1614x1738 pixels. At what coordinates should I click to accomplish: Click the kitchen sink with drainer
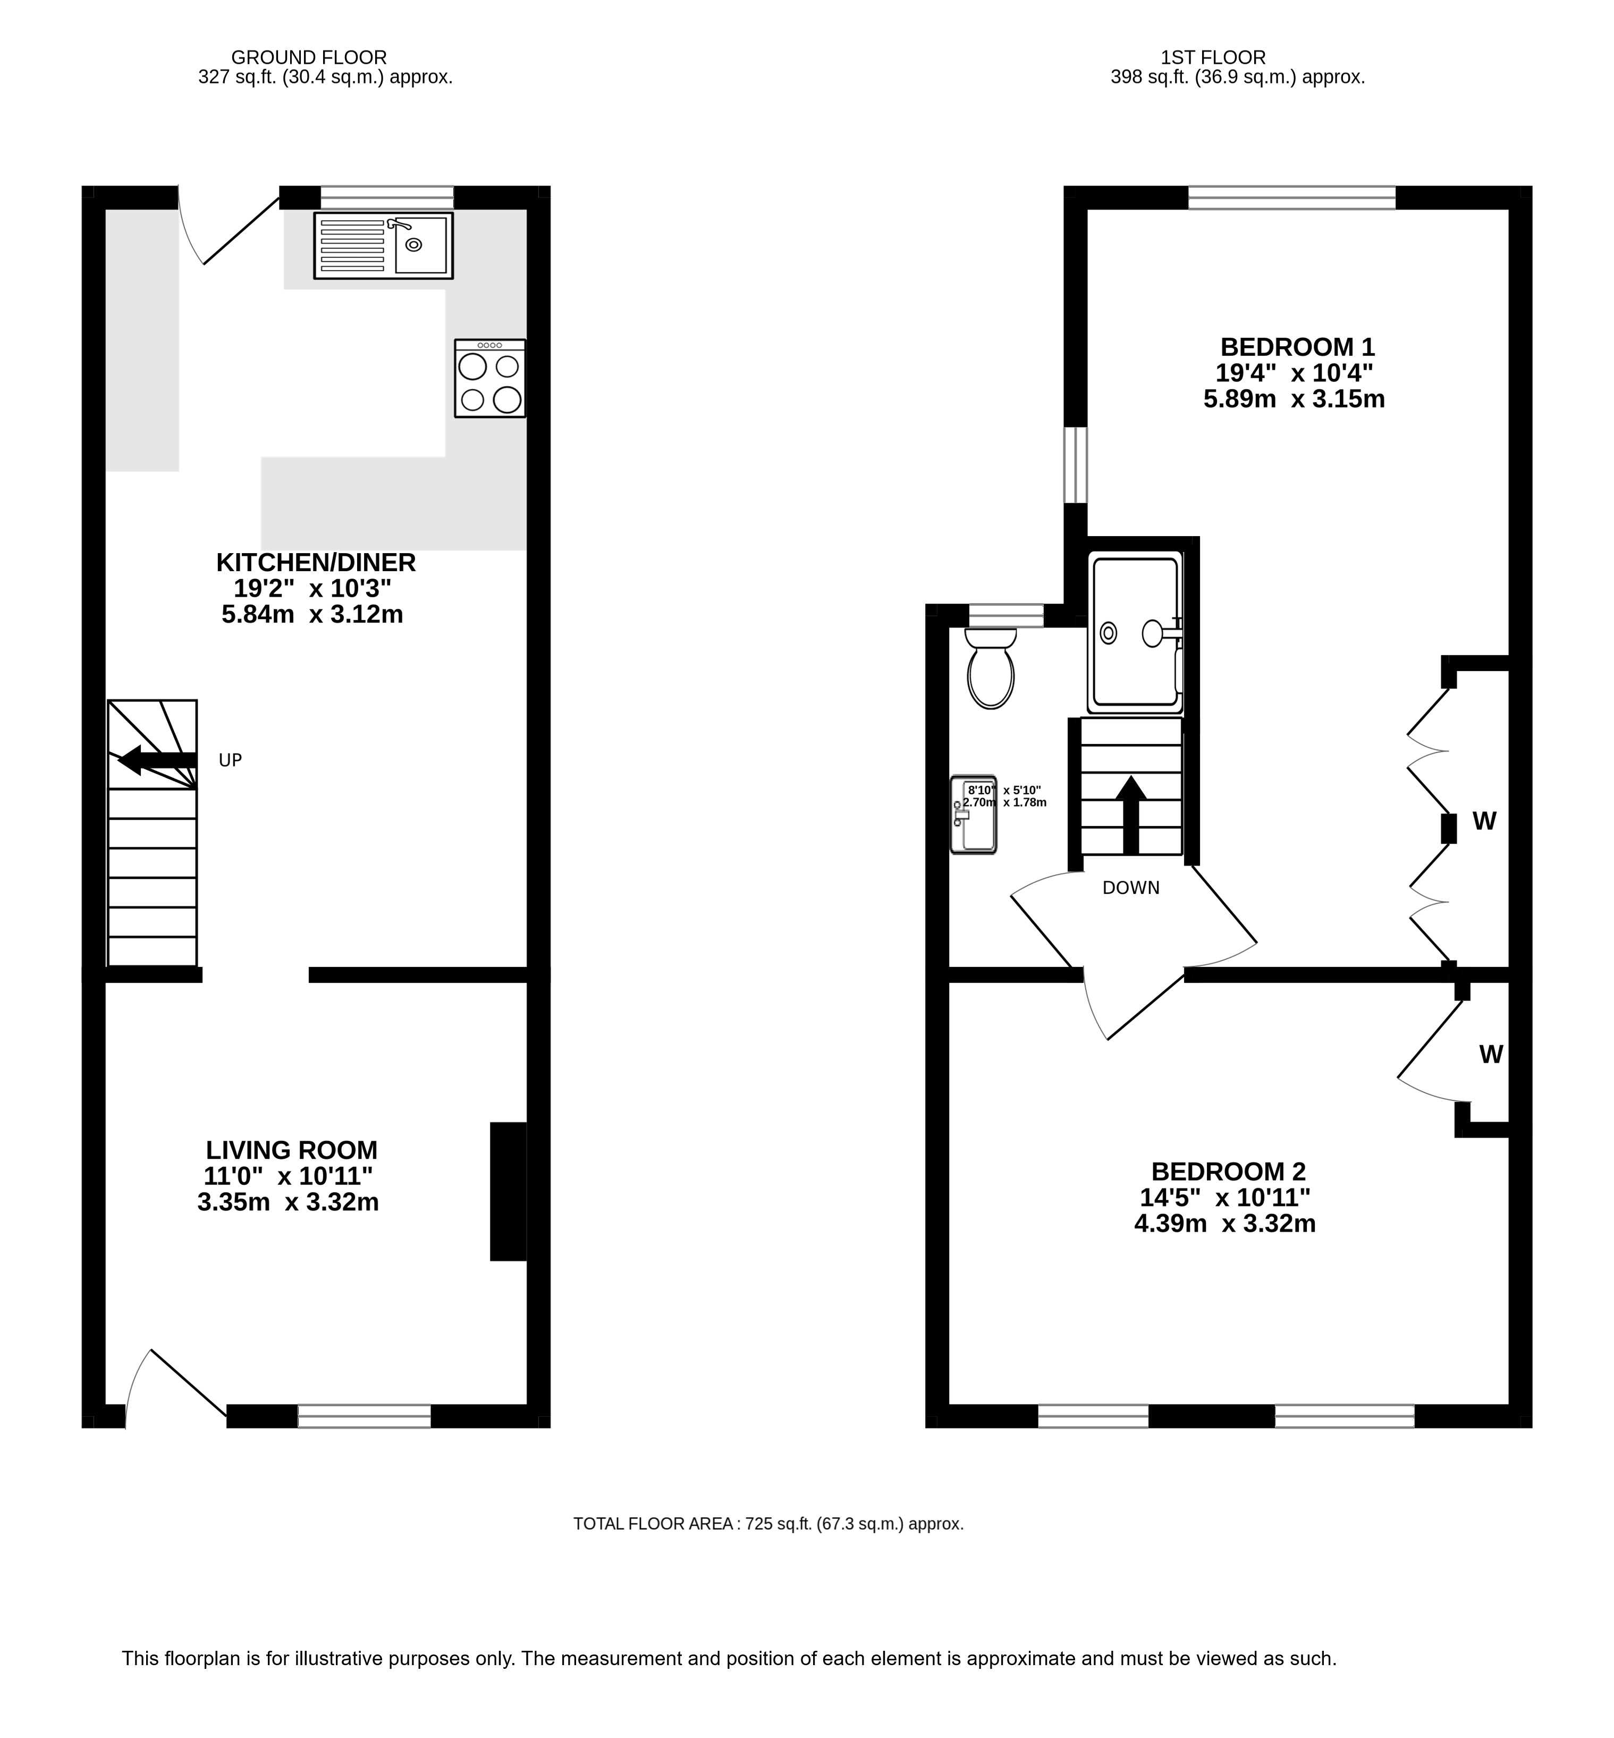(x=383, y=246)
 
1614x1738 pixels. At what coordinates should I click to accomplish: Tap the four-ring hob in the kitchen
(x=490, y=378)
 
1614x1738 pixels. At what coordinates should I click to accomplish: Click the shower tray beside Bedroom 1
(x=1135, y=633)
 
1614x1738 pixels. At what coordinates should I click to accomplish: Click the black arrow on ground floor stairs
(x=157, y=760)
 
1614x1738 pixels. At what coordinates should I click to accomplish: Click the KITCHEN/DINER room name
(x=316, y=563)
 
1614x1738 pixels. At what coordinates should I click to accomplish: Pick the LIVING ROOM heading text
(x=292, y=1150)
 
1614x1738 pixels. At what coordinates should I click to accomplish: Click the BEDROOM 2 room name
(x=1229, y=1171)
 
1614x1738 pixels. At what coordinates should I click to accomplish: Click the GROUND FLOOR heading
(x=309, y=57)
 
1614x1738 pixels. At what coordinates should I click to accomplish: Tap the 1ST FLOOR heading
(x=1213, y=57)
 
